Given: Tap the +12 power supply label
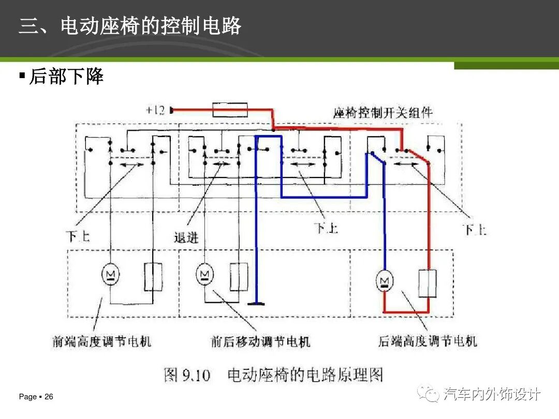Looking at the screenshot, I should [x=155, y=110].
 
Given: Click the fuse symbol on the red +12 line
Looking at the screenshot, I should [x=230, y=110].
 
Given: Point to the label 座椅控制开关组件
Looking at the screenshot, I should [x=383, y=113].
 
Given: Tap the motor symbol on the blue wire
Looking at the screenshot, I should [x=385, y=281].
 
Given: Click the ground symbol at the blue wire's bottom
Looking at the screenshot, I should [x=256, y=304].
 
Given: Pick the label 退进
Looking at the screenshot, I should [x=186, y=237].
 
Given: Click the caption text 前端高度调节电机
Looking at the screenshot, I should [x=101, y=341].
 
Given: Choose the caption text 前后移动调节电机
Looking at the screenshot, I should [x=260, y=341].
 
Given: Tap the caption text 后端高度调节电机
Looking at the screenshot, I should [x=428, y=341].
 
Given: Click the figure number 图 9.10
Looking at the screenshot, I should [x=187, y=375].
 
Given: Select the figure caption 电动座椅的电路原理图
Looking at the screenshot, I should [x=305, y=375].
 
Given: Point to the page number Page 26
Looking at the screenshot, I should [x=36, y=397].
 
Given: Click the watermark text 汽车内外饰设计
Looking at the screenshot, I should [x=492, y=394].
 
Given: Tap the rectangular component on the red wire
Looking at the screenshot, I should [x=428, y=283].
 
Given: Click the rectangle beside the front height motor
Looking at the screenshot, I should [x=153, y=276].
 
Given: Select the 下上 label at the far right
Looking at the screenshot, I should [x=475, y=230].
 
